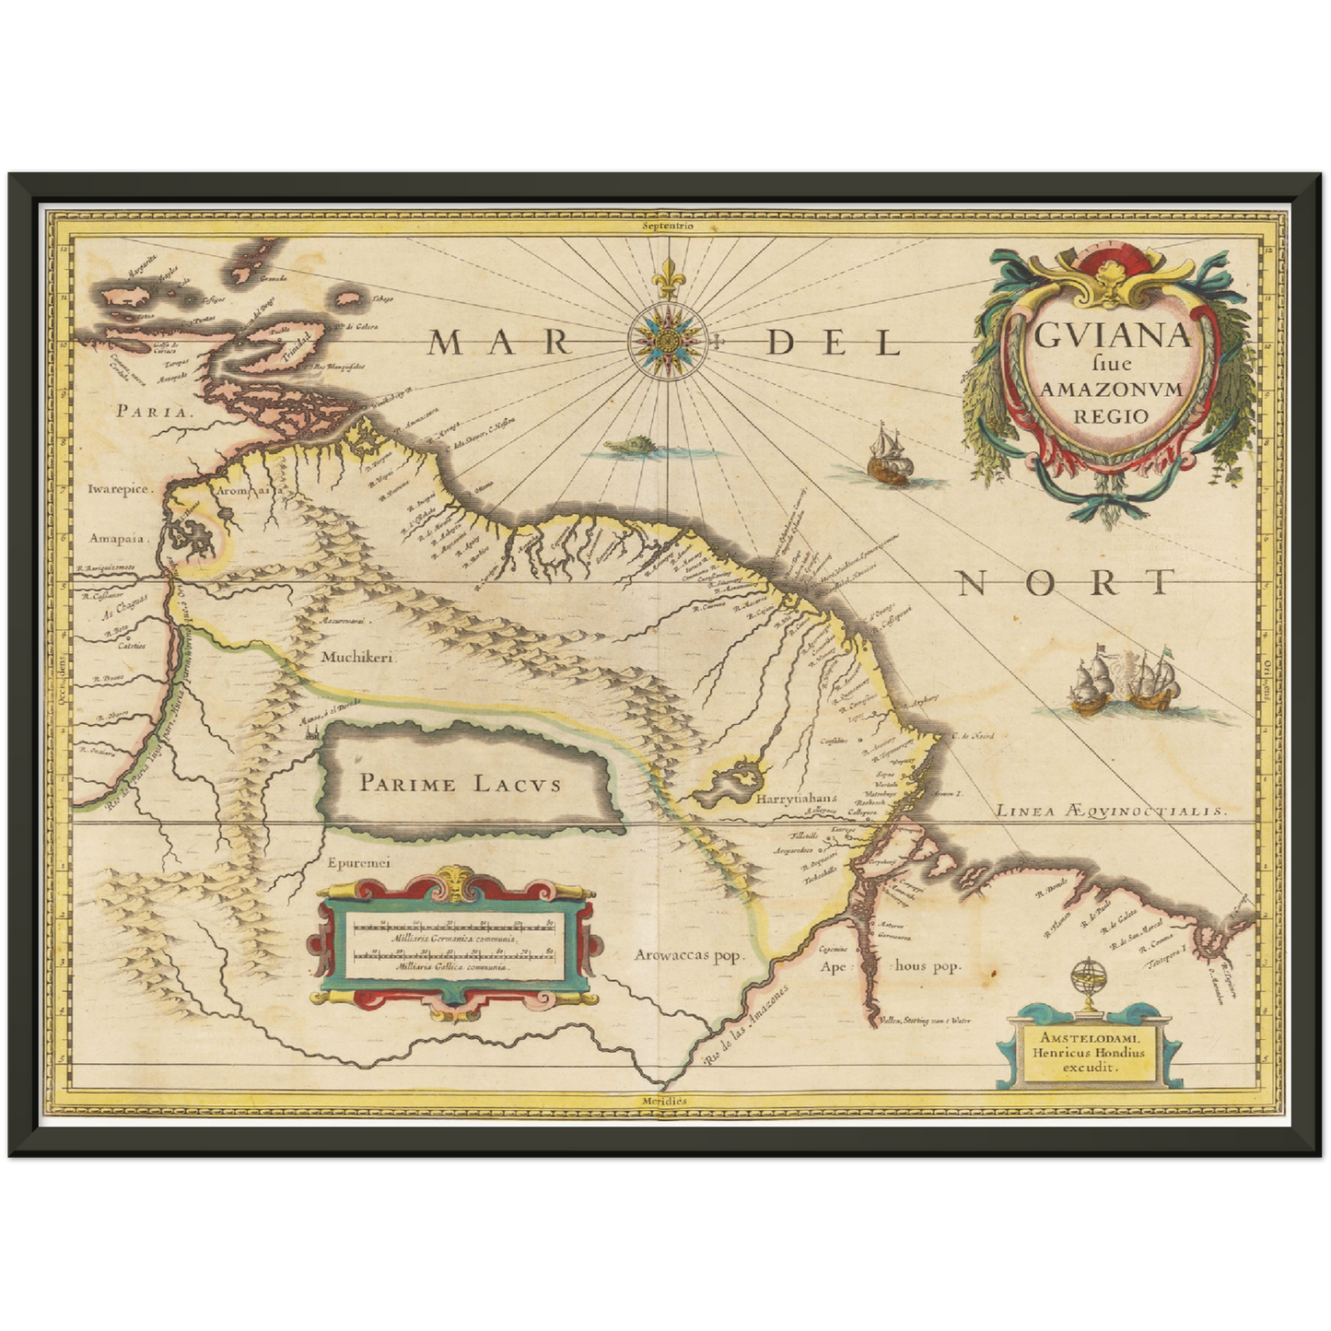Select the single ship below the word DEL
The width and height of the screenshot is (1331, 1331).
click(888, 457)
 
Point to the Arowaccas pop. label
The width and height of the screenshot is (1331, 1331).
click(687, 955)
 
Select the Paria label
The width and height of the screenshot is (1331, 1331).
click(154, 412)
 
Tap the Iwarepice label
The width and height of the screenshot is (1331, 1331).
click(119, 490)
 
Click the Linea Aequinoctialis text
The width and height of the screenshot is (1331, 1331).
click(1111, 811)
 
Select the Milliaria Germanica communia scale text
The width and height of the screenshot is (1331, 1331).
click(455, 938)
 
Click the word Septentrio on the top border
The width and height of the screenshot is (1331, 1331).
click(669, 225)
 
